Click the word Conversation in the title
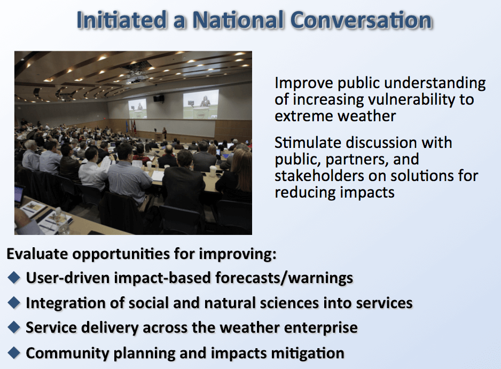tap(361, 20)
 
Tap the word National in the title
tap(238, 20)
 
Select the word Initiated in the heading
tap(121, 20)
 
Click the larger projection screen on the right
tap(201, 104)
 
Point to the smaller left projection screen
tap(137, 108)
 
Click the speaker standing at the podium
tap(165, 133)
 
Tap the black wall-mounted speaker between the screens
tap(159, 98)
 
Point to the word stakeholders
tap(319, 176)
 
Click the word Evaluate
tap(37, 254)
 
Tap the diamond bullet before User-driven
tap(14, 277)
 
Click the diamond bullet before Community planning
tap(14, 352)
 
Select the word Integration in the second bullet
tap(66, 303)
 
